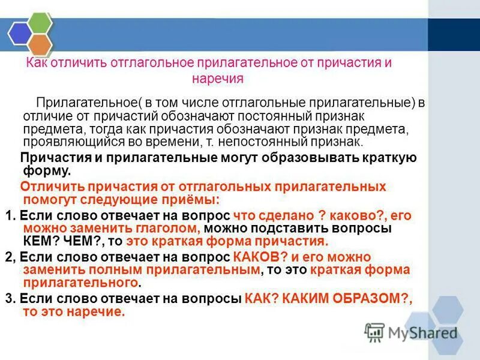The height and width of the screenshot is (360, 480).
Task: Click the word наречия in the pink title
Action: (217, 79)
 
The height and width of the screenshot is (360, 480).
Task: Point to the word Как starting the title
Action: (37, 63)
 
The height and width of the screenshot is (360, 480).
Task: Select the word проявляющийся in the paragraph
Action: (65, 142)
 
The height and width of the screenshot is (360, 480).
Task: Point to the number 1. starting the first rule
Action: (9, 215)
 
